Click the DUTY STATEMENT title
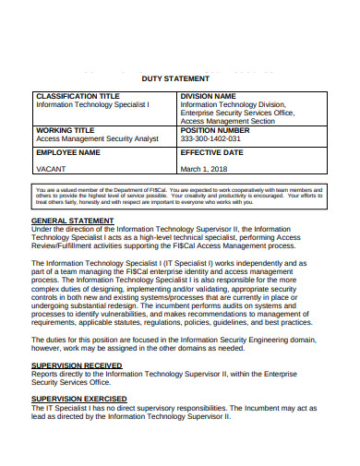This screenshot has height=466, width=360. (179, 80)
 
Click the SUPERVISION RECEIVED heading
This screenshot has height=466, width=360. (77, 365)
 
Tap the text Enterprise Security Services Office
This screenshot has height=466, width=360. (237, 113)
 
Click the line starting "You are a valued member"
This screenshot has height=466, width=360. (179, 187)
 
